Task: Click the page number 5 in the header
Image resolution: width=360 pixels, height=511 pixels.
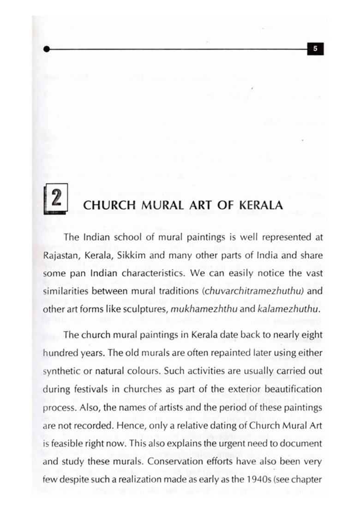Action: (x=315, y=48)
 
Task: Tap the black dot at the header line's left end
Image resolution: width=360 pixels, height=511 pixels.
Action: (x=46, y=49)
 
